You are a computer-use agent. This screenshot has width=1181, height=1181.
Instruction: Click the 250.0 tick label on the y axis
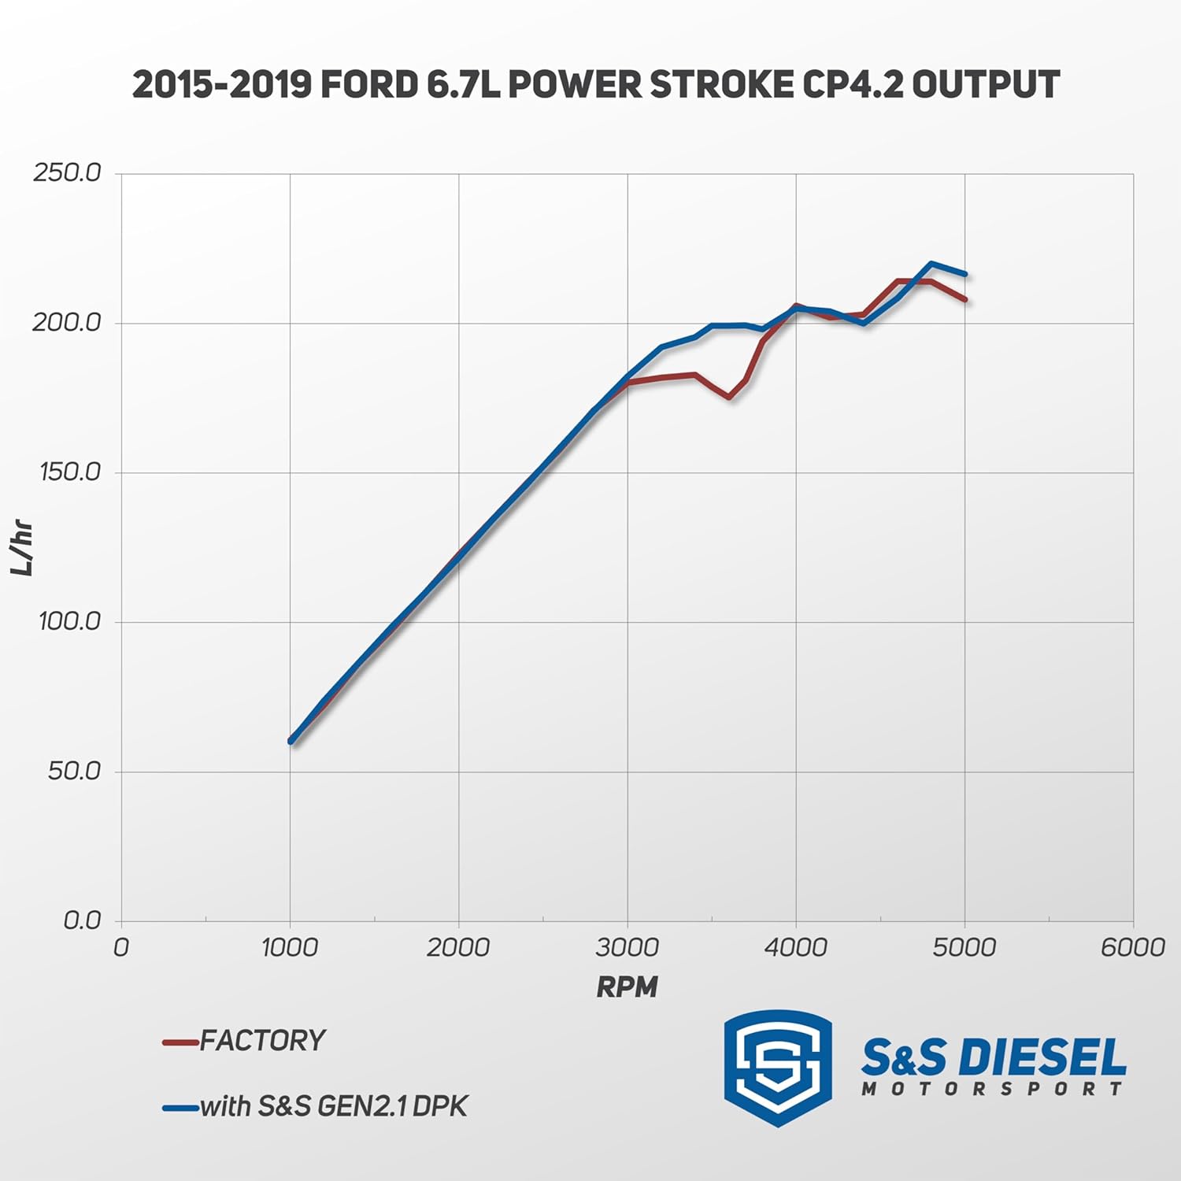click(67, 172)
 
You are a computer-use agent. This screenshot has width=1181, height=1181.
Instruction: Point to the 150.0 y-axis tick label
click(70, 472)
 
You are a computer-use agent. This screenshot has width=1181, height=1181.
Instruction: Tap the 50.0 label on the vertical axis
click(74, 770)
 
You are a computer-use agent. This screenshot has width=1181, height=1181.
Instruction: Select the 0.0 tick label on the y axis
click(82, 920)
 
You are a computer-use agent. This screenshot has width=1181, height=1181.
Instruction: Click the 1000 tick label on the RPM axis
click(290, 947)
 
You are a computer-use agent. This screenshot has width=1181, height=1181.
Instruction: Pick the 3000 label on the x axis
click(627, 947)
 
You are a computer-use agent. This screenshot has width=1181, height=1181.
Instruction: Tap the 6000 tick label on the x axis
click(1132, 947)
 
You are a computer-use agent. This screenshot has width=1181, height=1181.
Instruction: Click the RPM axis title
click(627, 987)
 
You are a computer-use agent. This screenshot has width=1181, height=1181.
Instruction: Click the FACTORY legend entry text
click(262, 1041)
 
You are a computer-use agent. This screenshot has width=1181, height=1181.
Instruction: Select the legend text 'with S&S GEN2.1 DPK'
click(334, 1106)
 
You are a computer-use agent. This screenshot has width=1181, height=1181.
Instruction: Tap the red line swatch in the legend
click(180, 1042)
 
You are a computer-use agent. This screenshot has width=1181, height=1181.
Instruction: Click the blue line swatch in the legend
click(180, 1108)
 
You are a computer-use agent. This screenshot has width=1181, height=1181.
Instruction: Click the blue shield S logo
click(778, 1067)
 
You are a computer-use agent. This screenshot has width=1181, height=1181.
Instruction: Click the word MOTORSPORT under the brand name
click(992, 1090)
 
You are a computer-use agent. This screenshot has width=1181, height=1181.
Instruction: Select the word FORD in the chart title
click(368, 85)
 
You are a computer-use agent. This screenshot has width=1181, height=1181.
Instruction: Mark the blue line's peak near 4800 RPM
click(931, 264)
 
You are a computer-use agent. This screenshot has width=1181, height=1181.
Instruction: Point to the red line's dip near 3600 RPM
click(728, 397)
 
